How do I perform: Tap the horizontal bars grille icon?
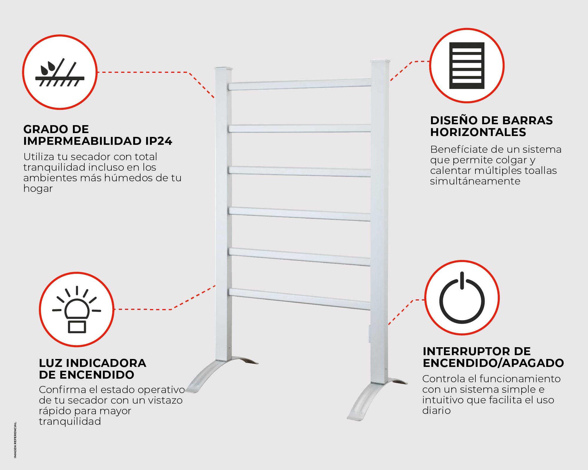tap(467, 66)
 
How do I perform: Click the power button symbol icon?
tap(462, 298)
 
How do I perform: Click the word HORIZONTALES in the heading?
tap(478, 132)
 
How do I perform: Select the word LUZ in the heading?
tap(50, 363)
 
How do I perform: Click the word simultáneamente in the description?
tap(475, 181)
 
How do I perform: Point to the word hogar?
tap(38, 189)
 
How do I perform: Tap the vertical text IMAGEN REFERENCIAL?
tap(15, 440)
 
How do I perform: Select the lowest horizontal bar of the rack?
tap(299, 298)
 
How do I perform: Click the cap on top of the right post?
tap(381, 62)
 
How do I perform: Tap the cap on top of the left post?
tap(223, 69)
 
